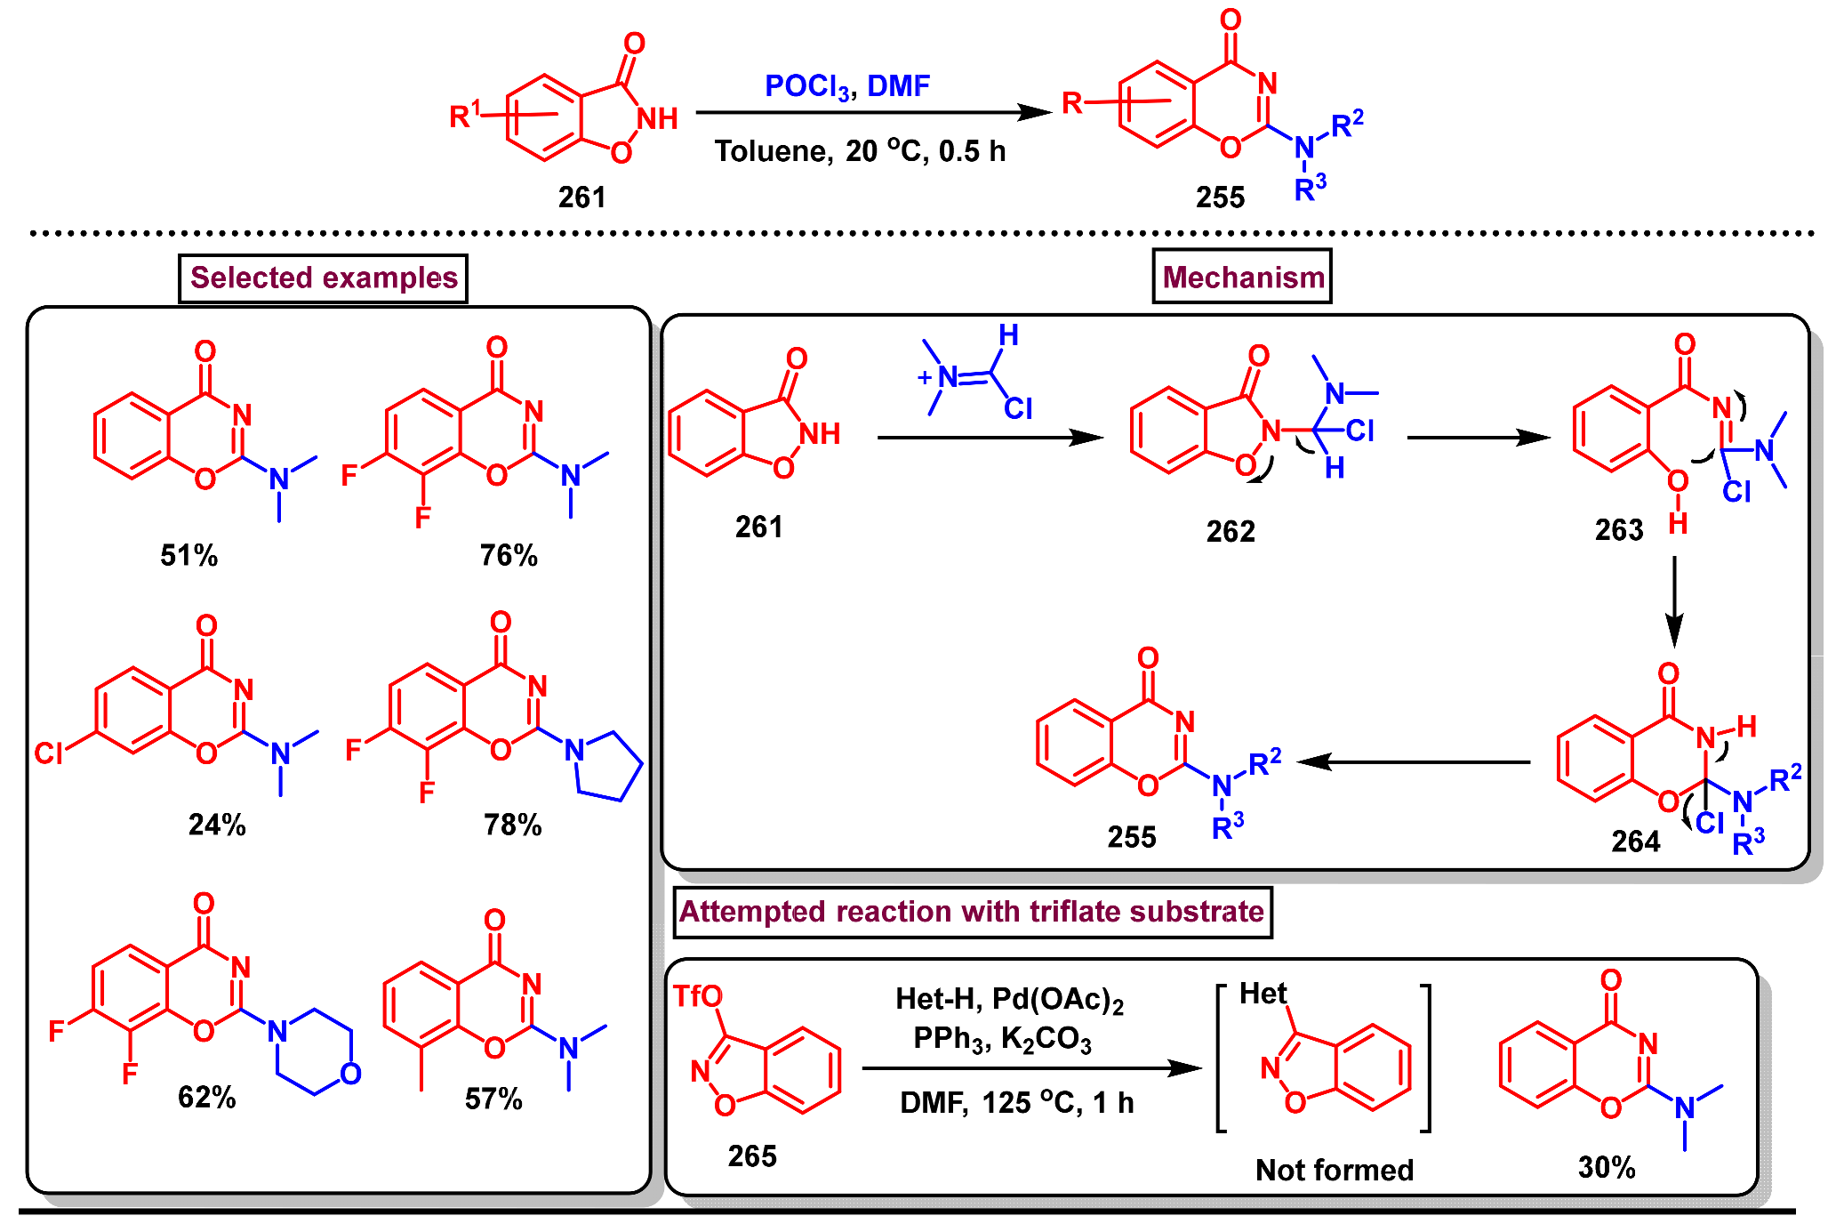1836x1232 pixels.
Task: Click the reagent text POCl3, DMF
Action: [846, 86]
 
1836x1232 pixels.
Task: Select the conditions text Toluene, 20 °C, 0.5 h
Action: [860, 151]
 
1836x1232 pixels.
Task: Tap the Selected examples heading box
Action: [323, 278]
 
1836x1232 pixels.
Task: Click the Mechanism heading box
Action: [1242, 278]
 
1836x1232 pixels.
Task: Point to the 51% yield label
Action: [188, 556]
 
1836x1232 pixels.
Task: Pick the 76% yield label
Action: [509, 556]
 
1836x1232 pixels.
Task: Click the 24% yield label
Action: [217, 825]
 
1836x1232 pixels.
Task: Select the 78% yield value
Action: [512, 825]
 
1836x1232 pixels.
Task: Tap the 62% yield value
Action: [206, 1098]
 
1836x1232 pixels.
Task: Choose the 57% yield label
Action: [493, 1099]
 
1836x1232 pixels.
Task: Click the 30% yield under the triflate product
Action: [1607, 1168]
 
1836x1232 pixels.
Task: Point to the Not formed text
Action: [1334, 1171]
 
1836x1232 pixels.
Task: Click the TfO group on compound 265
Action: [697, 996]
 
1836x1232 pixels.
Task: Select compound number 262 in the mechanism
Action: [1231, 532]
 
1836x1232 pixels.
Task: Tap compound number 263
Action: [1618, 531]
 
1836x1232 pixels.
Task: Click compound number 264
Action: [1635, 841]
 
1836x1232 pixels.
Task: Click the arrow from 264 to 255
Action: [1414, 762]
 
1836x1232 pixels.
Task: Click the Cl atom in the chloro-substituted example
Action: [48, 753]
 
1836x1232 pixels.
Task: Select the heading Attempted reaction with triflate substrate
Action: [972, 912]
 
